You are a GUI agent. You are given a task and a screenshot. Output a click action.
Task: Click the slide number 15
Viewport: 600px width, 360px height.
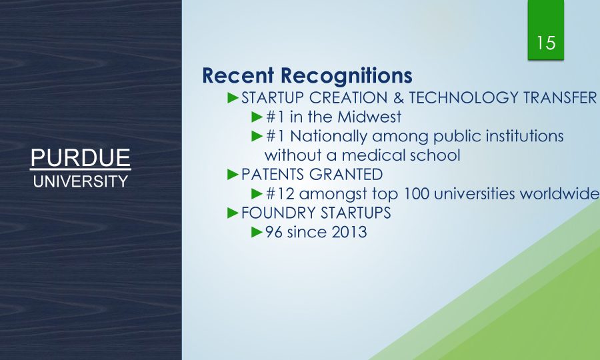[x=546, y=43]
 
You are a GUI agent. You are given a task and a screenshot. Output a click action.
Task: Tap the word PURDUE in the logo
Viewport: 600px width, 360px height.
[x=81, y=157]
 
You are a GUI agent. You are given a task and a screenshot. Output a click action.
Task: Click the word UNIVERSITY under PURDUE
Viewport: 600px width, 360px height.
[x=81, y=181]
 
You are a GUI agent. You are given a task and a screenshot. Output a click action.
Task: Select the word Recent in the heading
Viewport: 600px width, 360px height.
[x=238, y=75]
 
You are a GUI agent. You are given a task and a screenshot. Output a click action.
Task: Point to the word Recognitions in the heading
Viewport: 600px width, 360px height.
[x=347, y=76]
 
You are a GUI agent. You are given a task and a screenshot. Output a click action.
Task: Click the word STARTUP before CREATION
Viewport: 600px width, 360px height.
[x=272, y=98]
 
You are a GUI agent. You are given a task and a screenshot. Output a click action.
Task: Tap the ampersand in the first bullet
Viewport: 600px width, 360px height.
[x=399, y=98]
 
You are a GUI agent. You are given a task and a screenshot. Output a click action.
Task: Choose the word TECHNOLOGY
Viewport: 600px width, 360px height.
[x=464, y=98]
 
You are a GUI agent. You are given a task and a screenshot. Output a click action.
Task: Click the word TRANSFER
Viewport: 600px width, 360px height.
[x=560, y=98]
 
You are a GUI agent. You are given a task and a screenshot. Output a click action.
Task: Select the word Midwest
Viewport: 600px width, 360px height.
[x=369, y=117]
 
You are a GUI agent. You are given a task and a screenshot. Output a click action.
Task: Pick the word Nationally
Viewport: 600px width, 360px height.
[x=328, y=136]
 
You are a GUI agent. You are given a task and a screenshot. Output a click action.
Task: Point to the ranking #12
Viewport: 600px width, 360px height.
[x=280, y=193]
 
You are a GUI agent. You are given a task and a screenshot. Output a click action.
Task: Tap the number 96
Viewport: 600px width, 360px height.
[x=273, y=232]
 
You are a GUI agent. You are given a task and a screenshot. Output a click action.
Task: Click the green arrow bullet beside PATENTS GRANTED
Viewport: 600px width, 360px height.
[x=233, y=175]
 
